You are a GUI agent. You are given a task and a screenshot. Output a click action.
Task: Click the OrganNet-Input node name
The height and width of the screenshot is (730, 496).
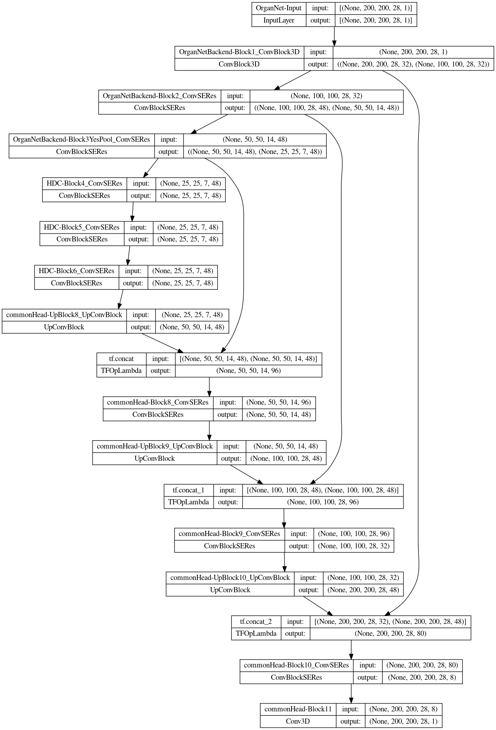tap(278, 8)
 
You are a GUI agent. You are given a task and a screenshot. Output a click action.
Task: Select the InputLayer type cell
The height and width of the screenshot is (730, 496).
tap(278, 20)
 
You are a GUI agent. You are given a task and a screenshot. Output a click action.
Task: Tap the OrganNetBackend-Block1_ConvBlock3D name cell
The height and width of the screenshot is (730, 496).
tap(239, 52)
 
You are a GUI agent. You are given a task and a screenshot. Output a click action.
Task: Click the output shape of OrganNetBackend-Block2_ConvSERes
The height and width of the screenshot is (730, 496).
tap(326, 108)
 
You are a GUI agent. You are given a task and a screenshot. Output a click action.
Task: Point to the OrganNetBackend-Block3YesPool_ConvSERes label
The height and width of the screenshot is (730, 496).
tap(81, 139)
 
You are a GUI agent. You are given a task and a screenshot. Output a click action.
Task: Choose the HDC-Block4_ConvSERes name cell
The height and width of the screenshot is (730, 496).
tap(84, 183)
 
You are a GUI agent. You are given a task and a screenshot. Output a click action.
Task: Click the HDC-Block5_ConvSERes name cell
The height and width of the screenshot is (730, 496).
tap(81, 227)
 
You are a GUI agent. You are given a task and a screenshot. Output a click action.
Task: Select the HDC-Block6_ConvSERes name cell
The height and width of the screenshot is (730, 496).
tap(76, 271)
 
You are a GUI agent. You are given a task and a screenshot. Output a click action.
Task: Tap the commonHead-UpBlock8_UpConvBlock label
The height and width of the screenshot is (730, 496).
tap(64, 315)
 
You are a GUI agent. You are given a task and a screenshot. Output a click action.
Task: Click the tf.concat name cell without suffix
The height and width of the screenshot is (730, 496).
tap(121, 359)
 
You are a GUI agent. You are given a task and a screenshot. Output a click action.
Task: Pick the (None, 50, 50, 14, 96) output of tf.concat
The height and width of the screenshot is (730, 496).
tap(248, 371)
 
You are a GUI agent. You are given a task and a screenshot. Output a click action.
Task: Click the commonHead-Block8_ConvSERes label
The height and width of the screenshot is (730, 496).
tap(157, 402)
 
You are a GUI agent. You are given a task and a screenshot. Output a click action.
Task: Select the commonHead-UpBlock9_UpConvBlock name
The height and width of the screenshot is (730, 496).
tap(154, 446)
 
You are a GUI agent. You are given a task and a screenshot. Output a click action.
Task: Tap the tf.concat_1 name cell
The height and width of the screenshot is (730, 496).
tap(188, 490)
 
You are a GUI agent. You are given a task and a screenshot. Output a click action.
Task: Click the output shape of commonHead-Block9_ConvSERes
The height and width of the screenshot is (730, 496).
tap(354, 546)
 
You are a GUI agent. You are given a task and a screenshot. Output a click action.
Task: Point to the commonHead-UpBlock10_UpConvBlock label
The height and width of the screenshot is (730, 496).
tap(230, 578)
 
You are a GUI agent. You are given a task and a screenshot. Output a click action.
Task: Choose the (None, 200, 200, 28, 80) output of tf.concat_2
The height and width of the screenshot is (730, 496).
tap(390, 633)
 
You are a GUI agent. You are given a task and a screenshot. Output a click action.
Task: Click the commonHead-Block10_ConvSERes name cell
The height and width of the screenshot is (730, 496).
tap(296, 665)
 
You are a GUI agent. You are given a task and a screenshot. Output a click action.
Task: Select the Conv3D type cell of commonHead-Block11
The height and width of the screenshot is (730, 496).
tap(298, 721)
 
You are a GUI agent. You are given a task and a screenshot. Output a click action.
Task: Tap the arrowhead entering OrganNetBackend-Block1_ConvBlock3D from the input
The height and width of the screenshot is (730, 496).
tap(334, 43)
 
